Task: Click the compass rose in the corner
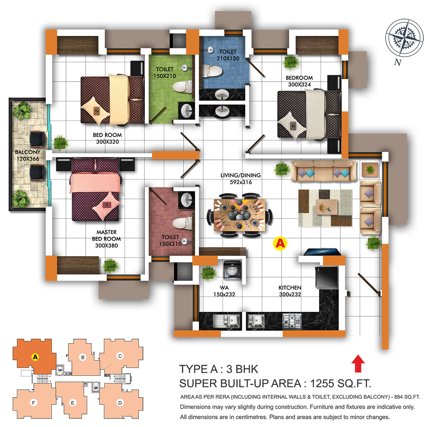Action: point(404,38)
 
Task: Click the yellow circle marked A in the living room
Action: point(280,244)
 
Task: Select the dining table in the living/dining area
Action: point(239,215)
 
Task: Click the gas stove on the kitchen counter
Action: point(292,321)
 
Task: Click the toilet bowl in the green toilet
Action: point(182,87)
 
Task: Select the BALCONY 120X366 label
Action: point(28,155)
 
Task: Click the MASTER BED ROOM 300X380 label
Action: point(106,239)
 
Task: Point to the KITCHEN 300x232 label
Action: point(290,291)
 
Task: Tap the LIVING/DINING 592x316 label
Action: point(240,178)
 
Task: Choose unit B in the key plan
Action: point(83,357)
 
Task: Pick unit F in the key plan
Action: point(33,402)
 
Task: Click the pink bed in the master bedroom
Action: point(96,189)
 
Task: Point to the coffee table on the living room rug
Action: point(326,207)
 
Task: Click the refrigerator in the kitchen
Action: point(326,277)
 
